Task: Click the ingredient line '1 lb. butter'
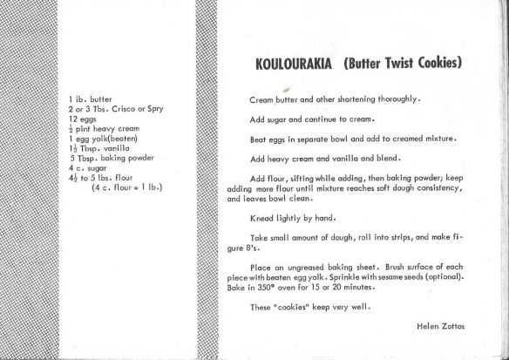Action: tap(88, 101)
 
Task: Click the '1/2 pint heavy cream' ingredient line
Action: tap(98, 126)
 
